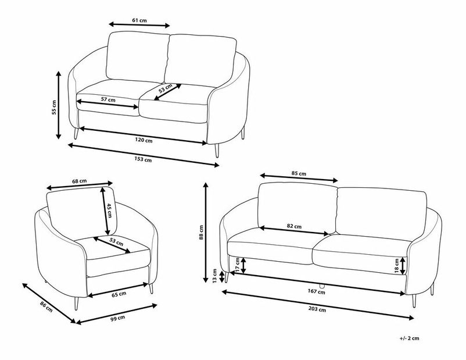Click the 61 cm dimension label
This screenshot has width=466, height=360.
click(x=139, y=20)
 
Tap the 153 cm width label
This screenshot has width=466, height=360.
click(x=144, y=160)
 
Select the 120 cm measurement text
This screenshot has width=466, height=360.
click(x=144, y=140)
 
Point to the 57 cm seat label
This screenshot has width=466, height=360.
click(x=108, y=99)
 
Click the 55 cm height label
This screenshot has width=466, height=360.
click(x=54, y=108)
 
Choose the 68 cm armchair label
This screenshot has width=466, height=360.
click(x=80, y=181)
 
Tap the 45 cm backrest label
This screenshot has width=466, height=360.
click(x=109, y=211)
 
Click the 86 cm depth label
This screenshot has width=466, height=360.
click(x=46, y=306)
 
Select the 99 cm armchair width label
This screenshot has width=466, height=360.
click(x=118, y=318)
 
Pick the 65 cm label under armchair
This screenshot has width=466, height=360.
click(x=119, y=294)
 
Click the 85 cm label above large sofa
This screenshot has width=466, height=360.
click(x=299, y=173)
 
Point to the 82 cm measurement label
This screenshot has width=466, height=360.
click(x=294, y=226)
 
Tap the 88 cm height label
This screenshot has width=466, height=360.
click(x=201, y=233)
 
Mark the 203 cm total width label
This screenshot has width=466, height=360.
click(x=317, y=309)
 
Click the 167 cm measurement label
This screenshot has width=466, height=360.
click(x=316, y=291)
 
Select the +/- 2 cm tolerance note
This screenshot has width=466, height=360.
click(x=409, y=338)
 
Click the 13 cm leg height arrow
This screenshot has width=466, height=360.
click(x=222, y=276)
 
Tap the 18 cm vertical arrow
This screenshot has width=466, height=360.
click(x=403, y=266)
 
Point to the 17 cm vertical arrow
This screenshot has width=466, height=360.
click(x=243, y=265)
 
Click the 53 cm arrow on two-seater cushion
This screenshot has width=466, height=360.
click(x=167, y=92)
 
